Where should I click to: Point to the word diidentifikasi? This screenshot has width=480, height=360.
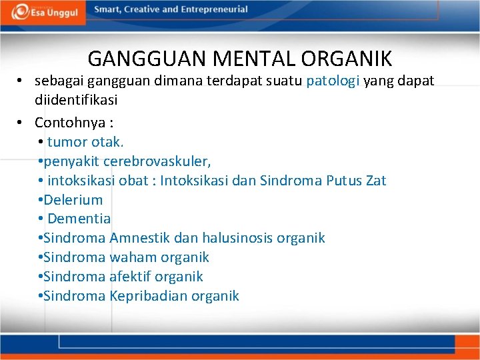point(76,99)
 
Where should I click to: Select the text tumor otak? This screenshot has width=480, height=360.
point(85,142)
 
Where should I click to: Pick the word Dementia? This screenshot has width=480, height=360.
point(79,219)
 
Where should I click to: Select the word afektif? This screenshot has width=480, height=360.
point(131,277)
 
